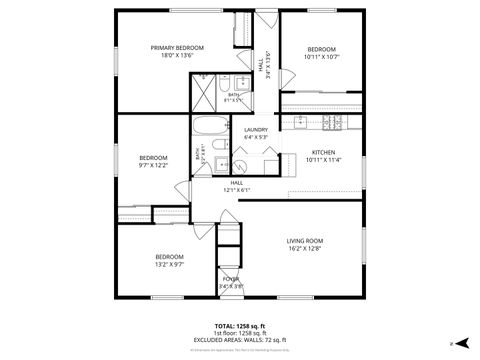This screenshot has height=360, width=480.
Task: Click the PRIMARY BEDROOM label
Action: coord(177,48)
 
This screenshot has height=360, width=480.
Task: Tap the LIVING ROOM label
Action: coord(305,241)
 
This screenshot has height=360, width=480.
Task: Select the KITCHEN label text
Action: coord(323,152)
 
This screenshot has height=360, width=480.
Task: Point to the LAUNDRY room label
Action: coord(255,130)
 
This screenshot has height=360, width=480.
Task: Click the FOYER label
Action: coord(231,279)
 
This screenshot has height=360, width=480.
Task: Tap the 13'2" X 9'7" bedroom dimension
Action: coord(168,264)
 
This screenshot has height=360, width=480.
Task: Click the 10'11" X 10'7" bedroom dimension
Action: coord(322,57)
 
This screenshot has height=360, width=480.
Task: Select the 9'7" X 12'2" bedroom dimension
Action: coord(153,165)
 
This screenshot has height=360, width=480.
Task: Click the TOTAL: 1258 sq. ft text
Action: coord(239,326)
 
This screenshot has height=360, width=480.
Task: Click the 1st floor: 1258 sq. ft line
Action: coord(239,333)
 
